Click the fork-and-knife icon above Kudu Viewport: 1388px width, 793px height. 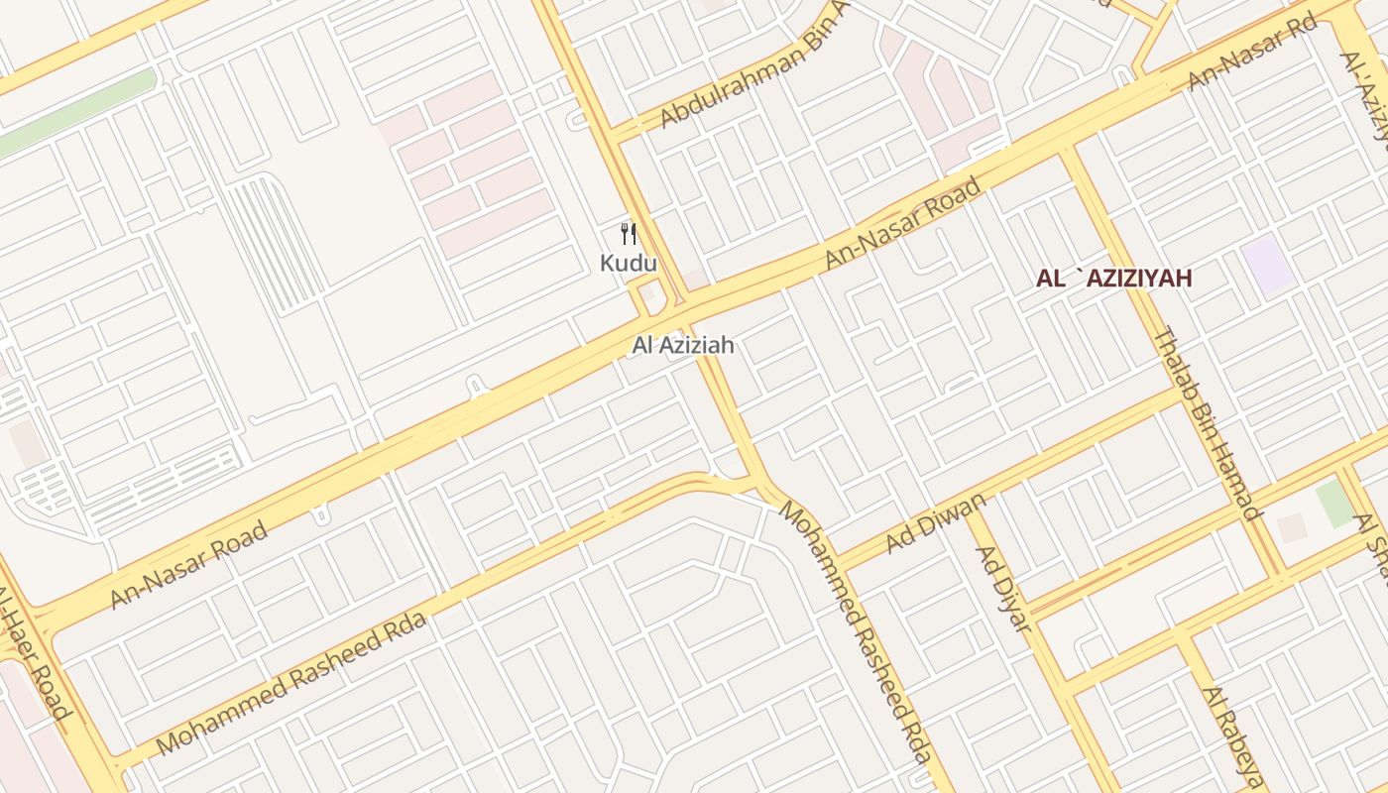[628, 234]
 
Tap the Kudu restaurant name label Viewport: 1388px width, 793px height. [628, 264]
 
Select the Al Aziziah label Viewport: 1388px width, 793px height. [683, 346]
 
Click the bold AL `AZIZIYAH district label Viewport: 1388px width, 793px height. [1113, 280]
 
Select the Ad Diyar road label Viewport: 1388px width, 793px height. [1003, 588]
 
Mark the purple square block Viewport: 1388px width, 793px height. [1268, 265]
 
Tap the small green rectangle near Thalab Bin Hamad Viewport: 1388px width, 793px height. [1334, 504]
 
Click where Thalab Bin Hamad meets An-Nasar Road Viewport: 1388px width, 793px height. [1067, 151]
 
